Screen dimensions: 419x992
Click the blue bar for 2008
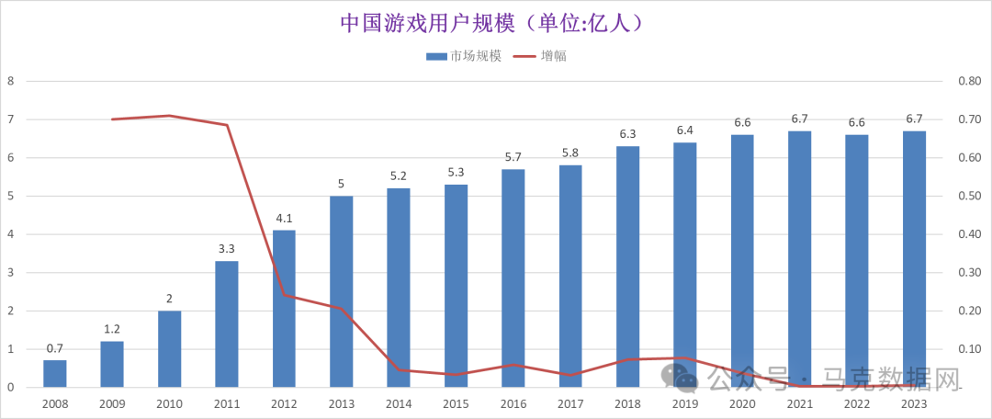[x=55, y=373]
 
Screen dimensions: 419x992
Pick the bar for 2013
[x=342, y=291]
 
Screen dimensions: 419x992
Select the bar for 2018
[x=627, y=266]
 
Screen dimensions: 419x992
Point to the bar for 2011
[x=227, y=323]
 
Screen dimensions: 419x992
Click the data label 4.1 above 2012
[x=284, y=219]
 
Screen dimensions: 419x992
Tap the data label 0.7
[x=55, y=348]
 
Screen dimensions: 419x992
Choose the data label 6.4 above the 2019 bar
[x=685, y=130]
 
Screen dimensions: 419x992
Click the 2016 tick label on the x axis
[x=513, y=403]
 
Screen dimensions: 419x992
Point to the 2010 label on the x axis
[x=170, y=403]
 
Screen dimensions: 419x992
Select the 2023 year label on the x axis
[x=914, y=403]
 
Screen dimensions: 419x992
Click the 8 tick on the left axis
[x=11, y=81]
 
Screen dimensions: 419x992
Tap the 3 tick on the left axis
[x=11, y=273]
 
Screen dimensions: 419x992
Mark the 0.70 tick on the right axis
[x=970, y=119]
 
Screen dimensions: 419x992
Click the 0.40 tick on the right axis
[x=970, y=234]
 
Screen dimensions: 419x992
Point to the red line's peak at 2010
[x=170, y=116]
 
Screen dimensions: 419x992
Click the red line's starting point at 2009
[x=112, y=119]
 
